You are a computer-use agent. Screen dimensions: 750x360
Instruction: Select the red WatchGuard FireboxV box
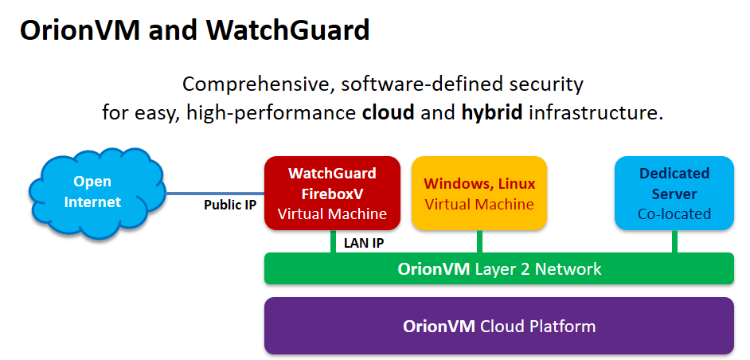point(333,193)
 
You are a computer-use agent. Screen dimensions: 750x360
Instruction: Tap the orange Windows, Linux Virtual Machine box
point(479,193)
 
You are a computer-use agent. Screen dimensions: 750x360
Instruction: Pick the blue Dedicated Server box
point(674,193)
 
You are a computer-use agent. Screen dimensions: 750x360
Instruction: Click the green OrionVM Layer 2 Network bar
point(499,268)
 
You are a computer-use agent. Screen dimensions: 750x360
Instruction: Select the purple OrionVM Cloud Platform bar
point(499,326)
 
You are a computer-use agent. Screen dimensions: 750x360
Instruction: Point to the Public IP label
point(231,205)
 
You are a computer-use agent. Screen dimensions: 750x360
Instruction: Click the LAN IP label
point(364,243)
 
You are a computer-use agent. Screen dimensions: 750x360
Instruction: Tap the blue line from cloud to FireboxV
point(215,194)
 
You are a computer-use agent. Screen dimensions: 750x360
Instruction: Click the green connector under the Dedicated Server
point(674,241)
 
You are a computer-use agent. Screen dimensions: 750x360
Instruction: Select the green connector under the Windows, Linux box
point(479,241)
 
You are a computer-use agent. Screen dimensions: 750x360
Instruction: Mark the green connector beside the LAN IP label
point(333,241)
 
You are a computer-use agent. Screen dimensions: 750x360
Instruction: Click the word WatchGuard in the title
point(288,29)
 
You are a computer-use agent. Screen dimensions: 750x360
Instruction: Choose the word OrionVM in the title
point(80,29)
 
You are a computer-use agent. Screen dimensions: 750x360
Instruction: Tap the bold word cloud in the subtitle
point(388,113)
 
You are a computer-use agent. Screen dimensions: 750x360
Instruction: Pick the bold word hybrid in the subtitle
point(492,114)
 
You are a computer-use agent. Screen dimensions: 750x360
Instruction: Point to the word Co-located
point(674,213)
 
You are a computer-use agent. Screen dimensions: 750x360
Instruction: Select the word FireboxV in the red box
point(333,194)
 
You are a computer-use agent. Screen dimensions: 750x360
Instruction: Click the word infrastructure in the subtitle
point(596,113)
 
